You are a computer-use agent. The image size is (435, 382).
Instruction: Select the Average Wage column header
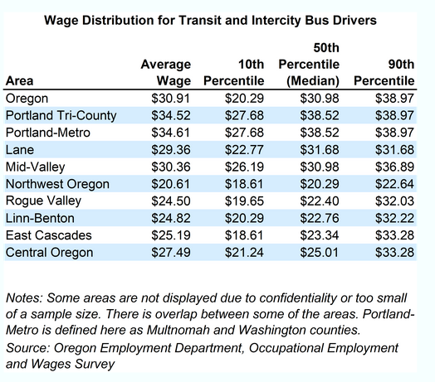166,73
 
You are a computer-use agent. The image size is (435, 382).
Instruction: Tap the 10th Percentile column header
234,73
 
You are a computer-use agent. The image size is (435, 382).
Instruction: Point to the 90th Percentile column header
384,73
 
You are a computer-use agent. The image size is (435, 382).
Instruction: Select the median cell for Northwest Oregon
319,183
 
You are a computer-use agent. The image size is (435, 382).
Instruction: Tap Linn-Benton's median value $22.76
319,217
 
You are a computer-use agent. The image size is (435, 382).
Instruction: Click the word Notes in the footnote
23,298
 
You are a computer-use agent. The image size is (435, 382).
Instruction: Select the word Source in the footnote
28,346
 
